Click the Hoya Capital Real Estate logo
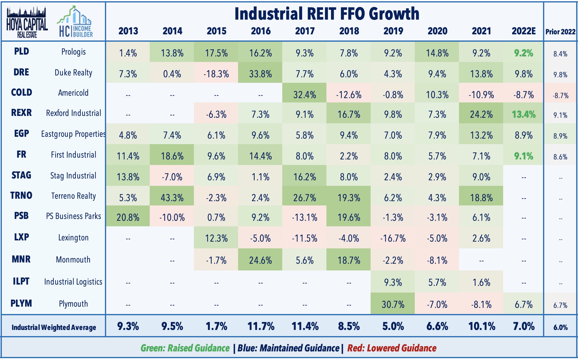27,23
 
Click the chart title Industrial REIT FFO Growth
327,14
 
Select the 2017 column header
305,31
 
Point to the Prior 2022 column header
560,32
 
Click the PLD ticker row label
21,51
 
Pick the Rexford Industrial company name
73,113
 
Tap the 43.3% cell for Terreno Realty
172,197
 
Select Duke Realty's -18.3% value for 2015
216,74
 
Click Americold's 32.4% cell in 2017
305,94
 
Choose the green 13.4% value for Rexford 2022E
523,114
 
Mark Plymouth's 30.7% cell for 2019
393,304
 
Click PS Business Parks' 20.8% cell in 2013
128,217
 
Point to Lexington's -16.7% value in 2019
393,238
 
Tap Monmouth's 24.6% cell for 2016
260,260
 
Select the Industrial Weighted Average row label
54,327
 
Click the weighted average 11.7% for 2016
260,326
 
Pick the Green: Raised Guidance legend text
185,348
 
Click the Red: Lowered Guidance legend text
392,348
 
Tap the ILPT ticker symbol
21,281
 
